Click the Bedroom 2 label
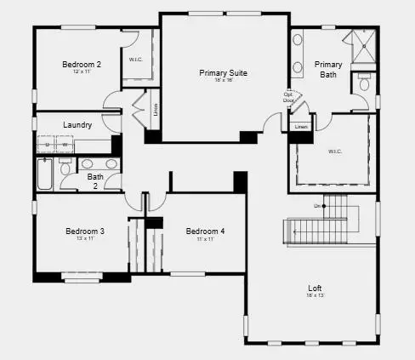point(82,65)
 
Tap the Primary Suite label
point(224,74)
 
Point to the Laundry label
point(77,125)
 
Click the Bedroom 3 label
point(85,231)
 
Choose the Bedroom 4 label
point(205,231)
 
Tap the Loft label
point(316,288)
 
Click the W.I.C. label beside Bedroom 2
point(135,60)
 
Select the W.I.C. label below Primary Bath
point(334,152)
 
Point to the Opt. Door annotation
point(289,97)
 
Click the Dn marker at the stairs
point(316,206)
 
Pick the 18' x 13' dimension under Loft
point(316,295)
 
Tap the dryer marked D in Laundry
point(48,146)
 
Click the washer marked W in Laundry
point(64,146)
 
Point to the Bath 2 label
point(95,180)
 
